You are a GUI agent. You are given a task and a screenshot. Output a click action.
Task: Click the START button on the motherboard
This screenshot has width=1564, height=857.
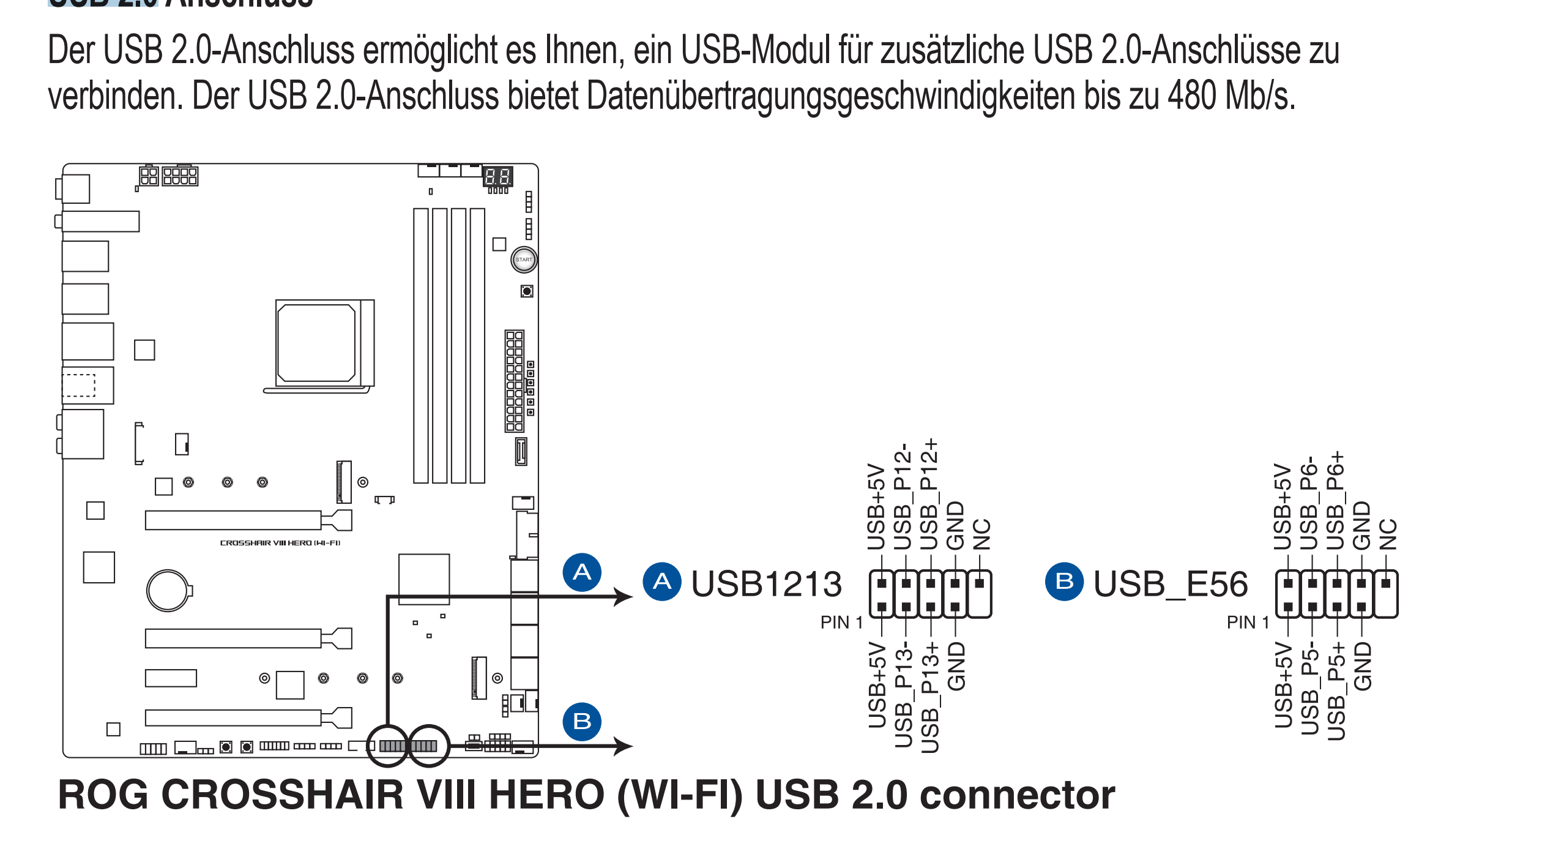tap(524, 260)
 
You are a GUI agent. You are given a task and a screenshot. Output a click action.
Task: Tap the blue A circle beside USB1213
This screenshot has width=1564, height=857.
tap(661, 582)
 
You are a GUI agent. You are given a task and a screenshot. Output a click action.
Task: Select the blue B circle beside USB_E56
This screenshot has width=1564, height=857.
tap(1064, 582)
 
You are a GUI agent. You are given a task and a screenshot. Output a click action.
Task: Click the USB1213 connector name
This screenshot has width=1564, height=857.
tap(766, 583)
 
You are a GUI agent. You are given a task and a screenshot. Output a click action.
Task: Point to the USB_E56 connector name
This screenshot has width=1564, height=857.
tap(1171, 583)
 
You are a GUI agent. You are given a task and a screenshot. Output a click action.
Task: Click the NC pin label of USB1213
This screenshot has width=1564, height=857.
tap(981, 534)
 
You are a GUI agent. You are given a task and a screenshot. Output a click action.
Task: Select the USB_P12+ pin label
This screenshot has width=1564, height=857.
tap(929, 493)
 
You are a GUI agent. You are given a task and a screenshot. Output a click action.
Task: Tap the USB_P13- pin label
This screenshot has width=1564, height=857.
tap(903, 695)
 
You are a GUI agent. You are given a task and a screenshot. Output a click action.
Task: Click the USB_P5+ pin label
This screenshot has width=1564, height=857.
tap(1336, 690)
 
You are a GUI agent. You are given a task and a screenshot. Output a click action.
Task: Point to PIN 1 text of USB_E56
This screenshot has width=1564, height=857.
tap(1248, 623)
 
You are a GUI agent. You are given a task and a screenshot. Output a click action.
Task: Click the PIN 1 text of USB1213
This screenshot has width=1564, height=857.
tap(841, 623)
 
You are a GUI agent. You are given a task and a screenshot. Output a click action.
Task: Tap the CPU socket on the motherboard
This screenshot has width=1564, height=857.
tap(316, 343)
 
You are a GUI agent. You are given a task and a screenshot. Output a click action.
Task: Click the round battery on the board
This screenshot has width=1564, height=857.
tap(167, 591)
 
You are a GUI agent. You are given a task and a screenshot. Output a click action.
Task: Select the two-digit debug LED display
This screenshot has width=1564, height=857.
tap(497, 177)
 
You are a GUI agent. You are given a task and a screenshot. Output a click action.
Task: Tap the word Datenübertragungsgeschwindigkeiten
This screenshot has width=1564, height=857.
tap(830, 96)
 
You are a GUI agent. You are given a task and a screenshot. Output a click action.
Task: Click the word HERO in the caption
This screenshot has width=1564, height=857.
tap(546, 795)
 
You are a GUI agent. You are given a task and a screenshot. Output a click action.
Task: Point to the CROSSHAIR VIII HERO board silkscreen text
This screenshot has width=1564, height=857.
tap(280, 543)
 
